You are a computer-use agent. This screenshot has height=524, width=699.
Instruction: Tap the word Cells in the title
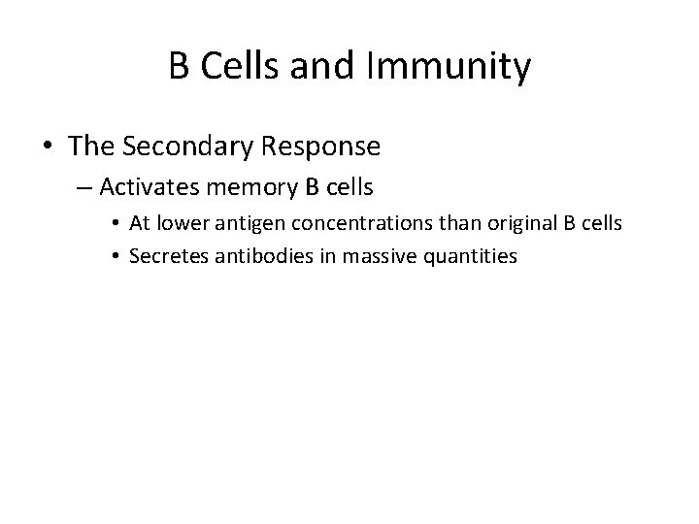(x=239, y=68)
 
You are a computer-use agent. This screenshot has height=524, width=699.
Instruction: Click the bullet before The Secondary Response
(x=48, y=148)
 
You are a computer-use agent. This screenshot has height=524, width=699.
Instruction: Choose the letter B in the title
(x=180, y=68)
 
